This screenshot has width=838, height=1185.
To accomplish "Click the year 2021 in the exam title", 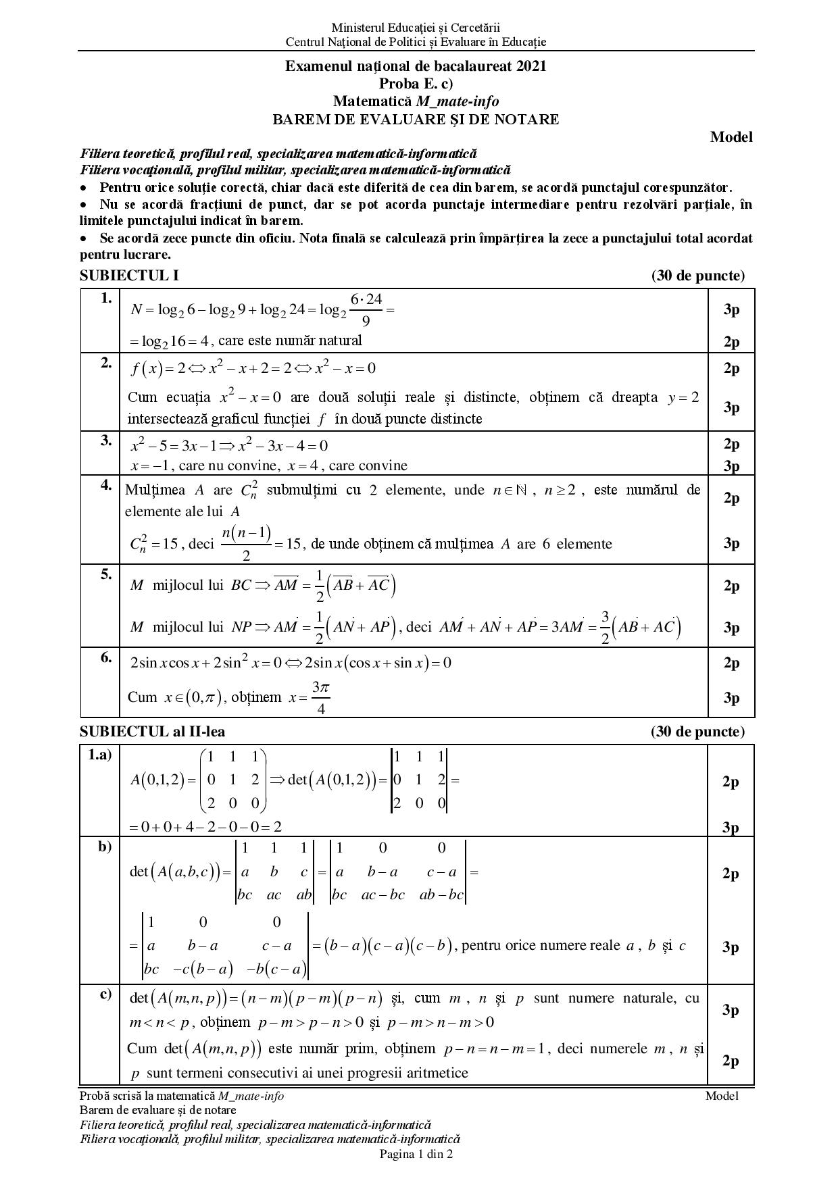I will click(x=531, y=66).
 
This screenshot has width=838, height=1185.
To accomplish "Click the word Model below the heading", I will click(x=731, y=137).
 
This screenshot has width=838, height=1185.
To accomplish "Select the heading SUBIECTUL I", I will click(x=129, y=276).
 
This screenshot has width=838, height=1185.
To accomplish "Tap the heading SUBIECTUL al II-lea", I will click(x=153, y=732).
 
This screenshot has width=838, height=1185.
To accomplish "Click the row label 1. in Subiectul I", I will click(x=106, y=298).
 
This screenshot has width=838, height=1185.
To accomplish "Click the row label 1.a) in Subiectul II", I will click(x=100, y=755).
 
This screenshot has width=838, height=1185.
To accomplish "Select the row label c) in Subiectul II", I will click(x=105, y=994).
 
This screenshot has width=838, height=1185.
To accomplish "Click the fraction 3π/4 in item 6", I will click(x=320, y=698).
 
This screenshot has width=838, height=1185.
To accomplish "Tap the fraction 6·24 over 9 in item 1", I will click(x=366, y=309).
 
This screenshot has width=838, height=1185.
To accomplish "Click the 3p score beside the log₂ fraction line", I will click(x=731, y=309).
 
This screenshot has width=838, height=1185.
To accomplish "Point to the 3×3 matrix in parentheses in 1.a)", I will click(x=233, y=780).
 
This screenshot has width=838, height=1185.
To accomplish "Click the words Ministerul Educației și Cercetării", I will click(x=416, y=28).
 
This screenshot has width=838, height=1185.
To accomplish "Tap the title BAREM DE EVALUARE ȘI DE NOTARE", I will click(x=416, y=120).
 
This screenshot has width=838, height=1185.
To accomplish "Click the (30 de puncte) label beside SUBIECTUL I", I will click(x=697, y=276).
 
